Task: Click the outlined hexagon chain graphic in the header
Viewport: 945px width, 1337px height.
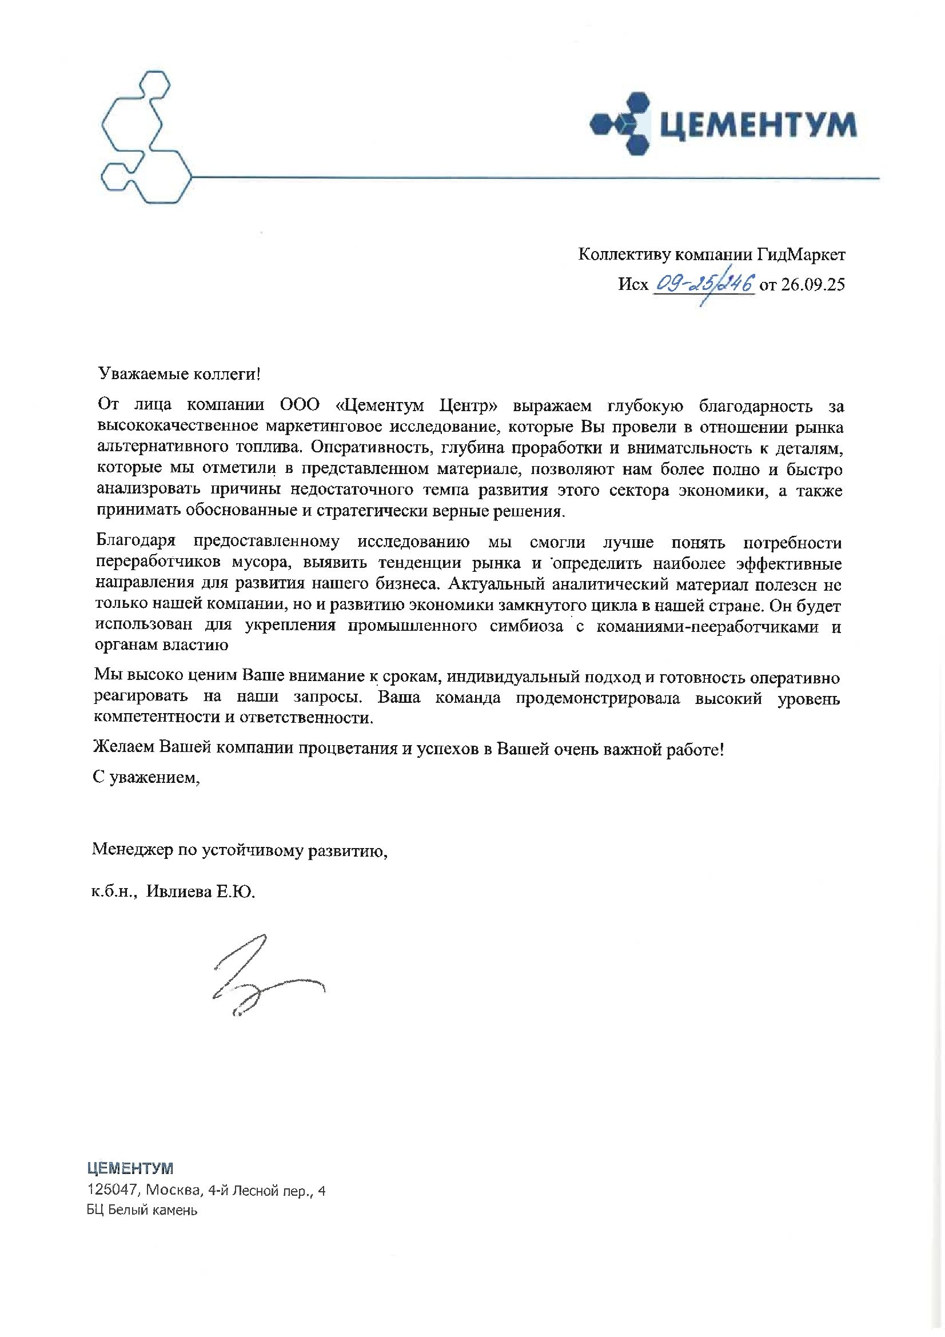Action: tap(142, 137)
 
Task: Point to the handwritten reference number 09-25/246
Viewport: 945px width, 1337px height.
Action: tap(704, 285)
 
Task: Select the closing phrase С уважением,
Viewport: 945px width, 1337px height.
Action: tap(146, 778)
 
